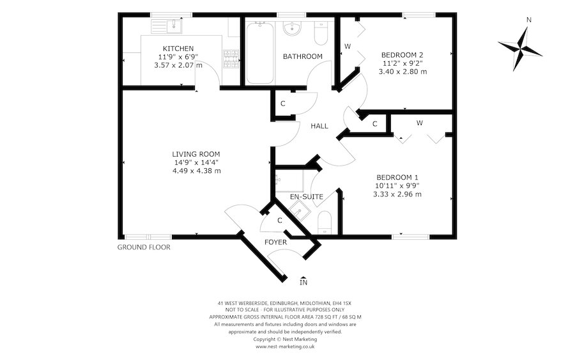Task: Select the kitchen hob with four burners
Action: pos(231,58)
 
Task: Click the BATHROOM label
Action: pos(303,56)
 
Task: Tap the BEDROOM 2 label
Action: pos(402,54)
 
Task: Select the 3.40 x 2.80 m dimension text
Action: pos(404,72)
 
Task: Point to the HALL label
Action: pos(319,126)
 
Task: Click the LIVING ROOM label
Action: pos(196,153)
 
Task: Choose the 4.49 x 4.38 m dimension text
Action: pos(196,171)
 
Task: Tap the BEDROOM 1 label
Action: pos(397,177)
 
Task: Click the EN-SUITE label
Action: pos(307,196)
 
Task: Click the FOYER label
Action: pos(276,242)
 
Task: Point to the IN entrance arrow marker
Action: pos(303,280)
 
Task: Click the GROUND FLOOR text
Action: pos(144,247)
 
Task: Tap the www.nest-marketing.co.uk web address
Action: pos(285,347)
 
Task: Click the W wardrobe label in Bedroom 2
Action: pos(348,46)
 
